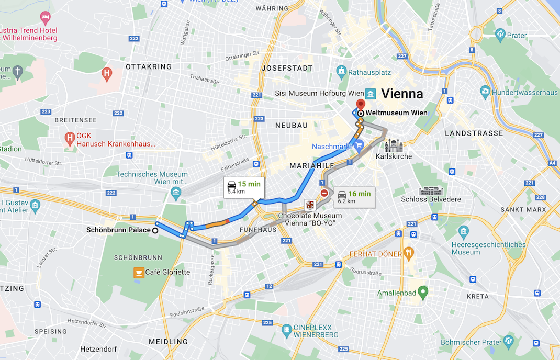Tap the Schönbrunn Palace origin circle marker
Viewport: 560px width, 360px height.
pos(155,230)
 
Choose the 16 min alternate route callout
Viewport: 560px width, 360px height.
pos(354,197)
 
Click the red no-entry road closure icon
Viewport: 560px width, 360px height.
pos(324,193)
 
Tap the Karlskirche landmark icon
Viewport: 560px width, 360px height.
pos(393,146)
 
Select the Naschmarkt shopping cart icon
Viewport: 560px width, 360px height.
pos(359,147)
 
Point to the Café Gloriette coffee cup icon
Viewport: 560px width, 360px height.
pos(139,272)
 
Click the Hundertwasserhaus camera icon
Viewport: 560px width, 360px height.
pos(485,92)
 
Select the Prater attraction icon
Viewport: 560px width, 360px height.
pos(500,35)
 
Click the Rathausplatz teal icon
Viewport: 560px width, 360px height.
pos(342,71)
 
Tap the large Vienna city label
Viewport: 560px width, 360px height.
pos(402,94)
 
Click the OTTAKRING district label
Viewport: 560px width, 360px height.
pos(149,67)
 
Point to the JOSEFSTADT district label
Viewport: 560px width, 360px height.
pos(287,68)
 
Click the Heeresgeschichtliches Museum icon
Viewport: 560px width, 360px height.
pos(463,231)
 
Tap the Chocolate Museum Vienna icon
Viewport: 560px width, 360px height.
pos(310,205)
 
